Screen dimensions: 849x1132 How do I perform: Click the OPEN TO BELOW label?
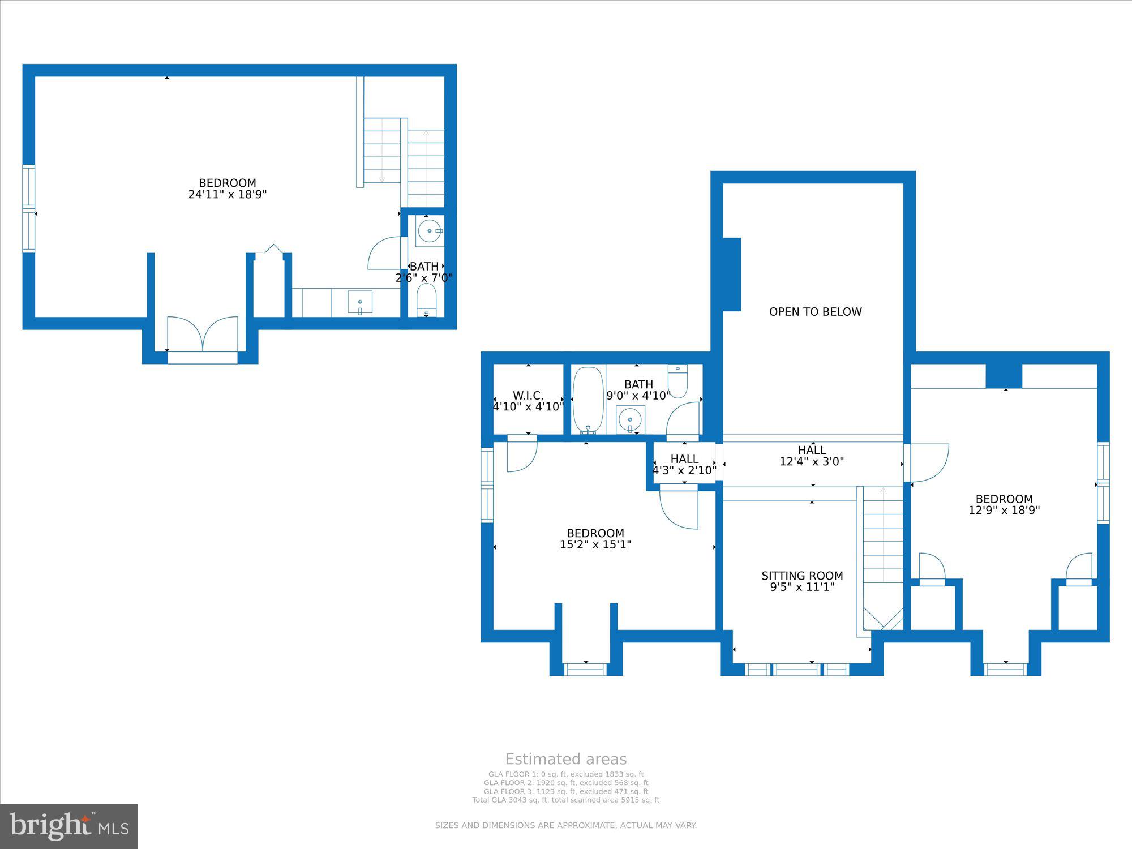(x=815, y=312)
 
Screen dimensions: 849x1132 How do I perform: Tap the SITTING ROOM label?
(x=802, y=576)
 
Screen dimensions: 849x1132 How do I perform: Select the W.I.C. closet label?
(x=528, y=396)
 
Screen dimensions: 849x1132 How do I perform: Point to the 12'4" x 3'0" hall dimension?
(x=812, y=462)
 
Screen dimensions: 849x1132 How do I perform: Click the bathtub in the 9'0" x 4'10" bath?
(x=588, y=400)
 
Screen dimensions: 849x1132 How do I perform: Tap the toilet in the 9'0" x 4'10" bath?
(x=678, y=380)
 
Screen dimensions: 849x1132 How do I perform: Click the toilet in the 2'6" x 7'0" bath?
(x=426, y=299)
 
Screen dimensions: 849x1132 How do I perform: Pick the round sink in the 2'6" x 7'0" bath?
(x=430, y=230)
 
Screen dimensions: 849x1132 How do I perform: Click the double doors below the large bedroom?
(x=203, y=335)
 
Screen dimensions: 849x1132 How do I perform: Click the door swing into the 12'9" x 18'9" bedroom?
(x=928, y=462)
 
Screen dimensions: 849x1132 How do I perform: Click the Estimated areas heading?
(x=565, y=759)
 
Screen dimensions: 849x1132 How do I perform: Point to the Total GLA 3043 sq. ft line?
(x=565, y=800)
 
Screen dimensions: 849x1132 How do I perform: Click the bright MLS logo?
(x=68, y=826)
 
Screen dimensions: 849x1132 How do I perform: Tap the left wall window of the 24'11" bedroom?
(x=28, y=208)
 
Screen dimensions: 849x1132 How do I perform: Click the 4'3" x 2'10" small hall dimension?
(x=684, y=470)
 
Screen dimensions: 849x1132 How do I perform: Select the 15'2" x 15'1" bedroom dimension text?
(x=595, y=544)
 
